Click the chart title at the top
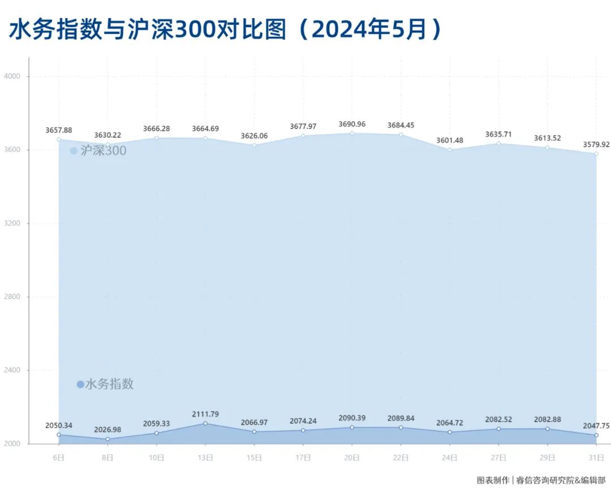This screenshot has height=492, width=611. pyautogui.click(x=225, y=30)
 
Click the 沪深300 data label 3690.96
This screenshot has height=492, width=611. pyautogui.click(x=352, y=124)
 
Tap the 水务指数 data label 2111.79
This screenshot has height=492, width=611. pyautogui.click(x=205, y=414)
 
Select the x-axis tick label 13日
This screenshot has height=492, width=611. pyautogui.click(x=205, y=456)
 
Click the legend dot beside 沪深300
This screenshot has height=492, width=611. pyautogui.click(x=74, y=151)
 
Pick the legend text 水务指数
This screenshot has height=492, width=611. pyautogui.click(x=109, y=384)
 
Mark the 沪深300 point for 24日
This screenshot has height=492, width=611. pyautogui.click(x=450, y=149)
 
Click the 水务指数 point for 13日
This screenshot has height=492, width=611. pyautogui.click(x=205, y=423)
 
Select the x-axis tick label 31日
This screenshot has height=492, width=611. pyautogui.click(x=596, y=456)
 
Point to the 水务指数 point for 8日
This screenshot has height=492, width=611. pyautogui.click(x=107, y=439)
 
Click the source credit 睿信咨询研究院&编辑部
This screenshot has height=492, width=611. pyautogui.click(x=557, y=480)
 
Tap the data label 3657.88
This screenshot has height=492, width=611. pyautogui.click(x=59, y=130)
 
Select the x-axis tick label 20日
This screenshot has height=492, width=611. pyautogui.click(x=352, y=456)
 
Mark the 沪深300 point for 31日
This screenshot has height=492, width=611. pyautogui.click(x=596, y=153)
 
